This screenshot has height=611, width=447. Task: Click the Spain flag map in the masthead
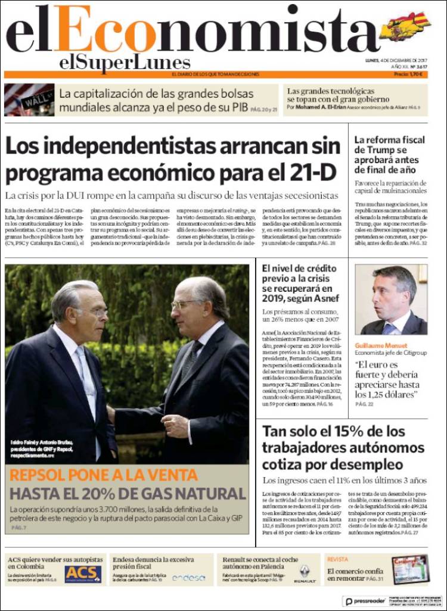coord(406,26)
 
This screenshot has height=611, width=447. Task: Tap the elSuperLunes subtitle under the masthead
coord(125,63)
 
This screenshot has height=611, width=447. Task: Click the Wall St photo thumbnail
coord(29,99)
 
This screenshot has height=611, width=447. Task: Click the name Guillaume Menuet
coord(381,345)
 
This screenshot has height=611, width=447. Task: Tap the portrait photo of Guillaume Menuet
coord(391,300)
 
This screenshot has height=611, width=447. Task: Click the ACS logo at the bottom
coord(83,573)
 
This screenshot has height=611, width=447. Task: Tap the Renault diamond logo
coord(305,572)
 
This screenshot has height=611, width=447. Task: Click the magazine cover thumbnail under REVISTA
coord(410,569)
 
